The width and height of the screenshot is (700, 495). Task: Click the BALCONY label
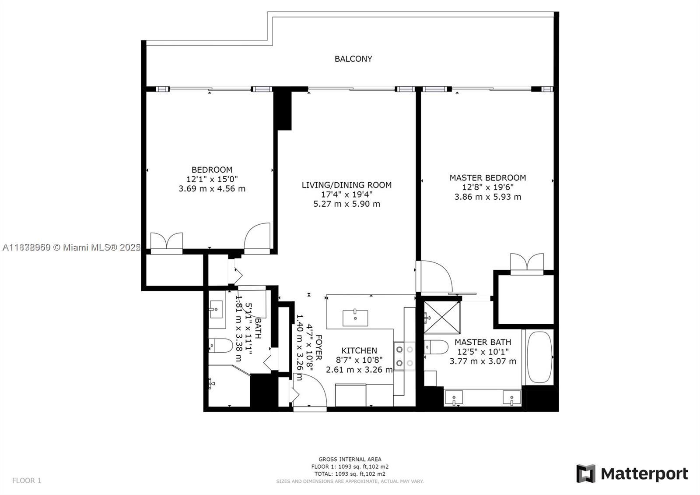point(353,59)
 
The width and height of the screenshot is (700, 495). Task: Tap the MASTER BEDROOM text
point(487,177)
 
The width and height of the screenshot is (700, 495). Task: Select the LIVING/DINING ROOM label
point(346,185)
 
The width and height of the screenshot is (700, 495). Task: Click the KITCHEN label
point(359,350)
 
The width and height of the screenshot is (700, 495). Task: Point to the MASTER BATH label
point(483,342)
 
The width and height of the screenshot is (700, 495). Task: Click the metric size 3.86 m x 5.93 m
point(487,197)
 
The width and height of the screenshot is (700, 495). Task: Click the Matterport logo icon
point(586,474)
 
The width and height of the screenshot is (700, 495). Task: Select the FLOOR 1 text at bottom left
point(27,481)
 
